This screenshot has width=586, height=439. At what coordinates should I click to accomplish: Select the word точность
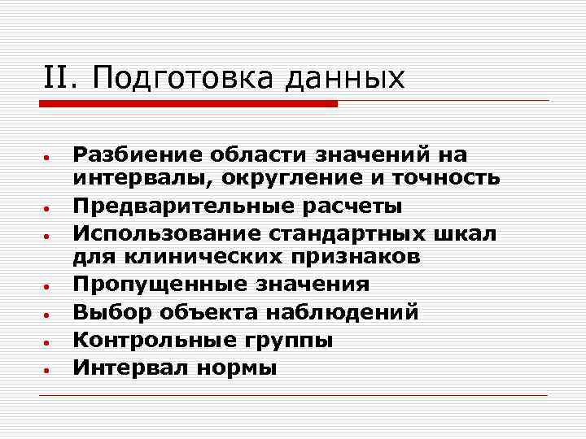450,176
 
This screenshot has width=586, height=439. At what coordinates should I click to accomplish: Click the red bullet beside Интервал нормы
49,368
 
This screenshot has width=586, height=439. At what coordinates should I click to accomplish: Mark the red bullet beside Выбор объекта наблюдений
49,314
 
